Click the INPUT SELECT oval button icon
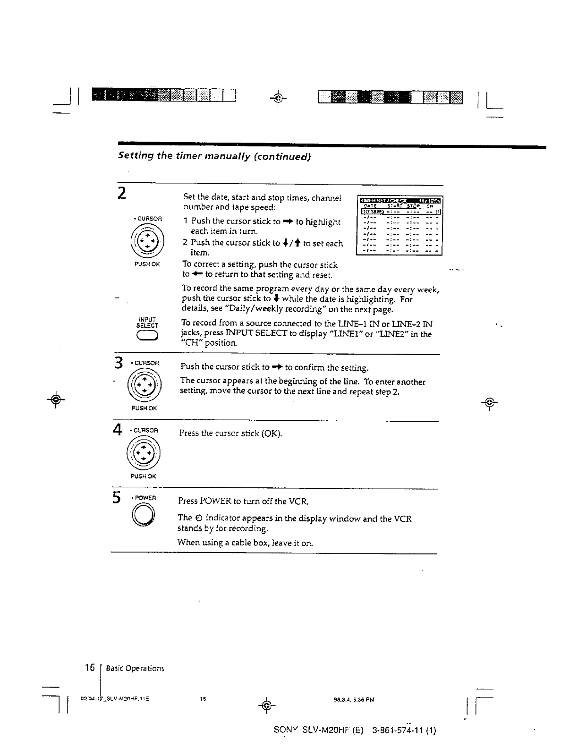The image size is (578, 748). [147, 335]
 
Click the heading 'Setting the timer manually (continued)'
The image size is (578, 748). [214, 156]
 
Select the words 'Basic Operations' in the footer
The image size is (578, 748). [135, 668]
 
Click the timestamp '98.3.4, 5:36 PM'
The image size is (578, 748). [354, 700]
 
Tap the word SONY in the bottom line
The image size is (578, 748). [285, 731]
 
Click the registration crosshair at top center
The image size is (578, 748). [279, 98]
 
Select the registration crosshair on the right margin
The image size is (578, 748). [490, 402]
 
